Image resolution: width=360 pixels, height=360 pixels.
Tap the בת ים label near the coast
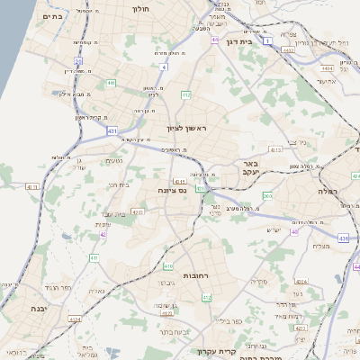click(x=52, y=15)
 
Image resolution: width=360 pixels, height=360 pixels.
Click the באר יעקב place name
click(x=249, y=168)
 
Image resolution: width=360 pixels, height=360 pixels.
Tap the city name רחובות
click(x=195, y=274)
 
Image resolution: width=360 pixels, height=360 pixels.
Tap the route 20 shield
click(x=78, y=61)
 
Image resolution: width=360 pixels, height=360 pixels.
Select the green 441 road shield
click(x=111, y=83)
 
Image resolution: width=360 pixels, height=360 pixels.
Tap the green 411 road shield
click(x=94, y=258)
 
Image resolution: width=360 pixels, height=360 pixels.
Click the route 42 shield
click(x=103, y=234)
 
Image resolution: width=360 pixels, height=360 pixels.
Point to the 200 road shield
click(x=267, y=195)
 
